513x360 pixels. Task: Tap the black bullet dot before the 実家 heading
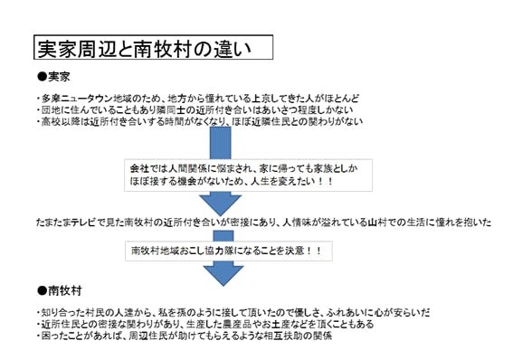point(43,77)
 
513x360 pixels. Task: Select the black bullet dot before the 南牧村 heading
point(43,290)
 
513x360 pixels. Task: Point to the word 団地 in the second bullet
point(51,109)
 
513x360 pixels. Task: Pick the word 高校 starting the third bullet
point(51,121)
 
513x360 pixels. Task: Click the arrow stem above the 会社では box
point(220,143)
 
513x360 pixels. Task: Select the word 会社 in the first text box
point(139,169)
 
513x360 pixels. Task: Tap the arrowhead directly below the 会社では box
point(220,203)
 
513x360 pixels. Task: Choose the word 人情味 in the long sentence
point(297,223)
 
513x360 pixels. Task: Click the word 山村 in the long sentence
point(377,223)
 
